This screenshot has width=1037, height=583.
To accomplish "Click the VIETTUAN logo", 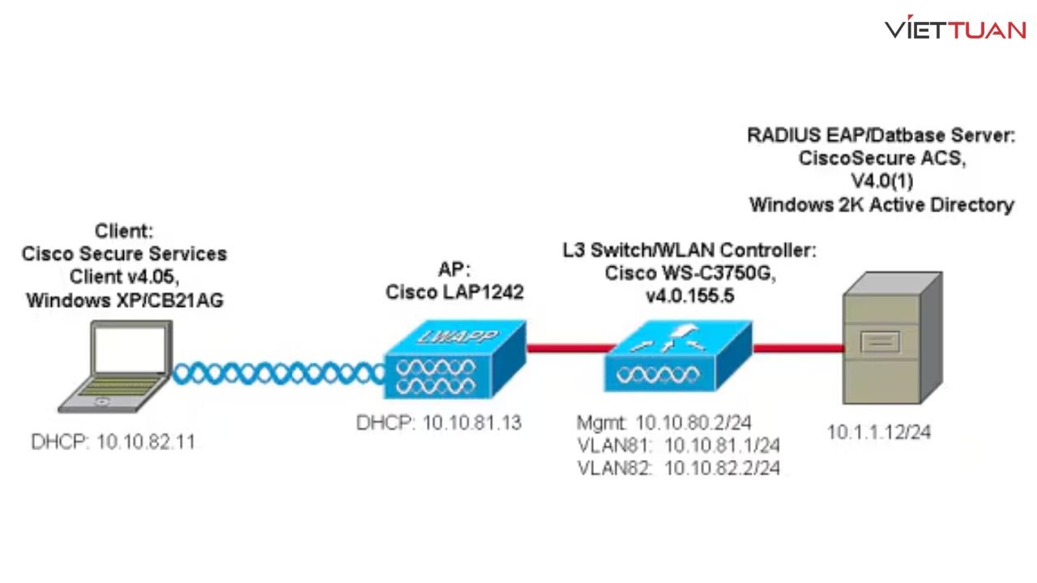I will pos(955,30).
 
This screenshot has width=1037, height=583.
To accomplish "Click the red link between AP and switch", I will pos(565,348).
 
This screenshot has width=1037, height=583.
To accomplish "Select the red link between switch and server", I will pos(797,348).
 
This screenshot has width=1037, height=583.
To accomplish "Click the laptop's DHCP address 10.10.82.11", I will pos(113,442).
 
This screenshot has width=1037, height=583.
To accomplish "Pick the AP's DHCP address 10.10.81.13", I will pos(438,423).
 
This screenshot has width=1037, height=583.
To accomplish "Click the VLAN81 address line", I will pos(678,445).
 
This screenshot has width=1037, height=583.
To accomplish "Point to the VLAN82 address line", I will pos(678,467).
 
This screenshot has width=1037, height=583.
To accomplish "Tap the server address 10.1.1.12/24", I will pos(878,432).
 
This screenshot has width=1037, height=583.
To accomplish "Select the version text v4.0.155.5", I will pos(689,296).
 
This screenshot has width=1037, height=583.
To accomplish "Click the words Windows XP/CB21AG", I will pos(125,300).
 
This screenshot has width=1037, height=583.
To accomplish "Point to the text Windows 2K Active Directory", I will pos(881,205).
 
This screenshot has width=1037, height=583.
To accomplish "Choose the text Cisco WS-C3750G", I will pos(690,274).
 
